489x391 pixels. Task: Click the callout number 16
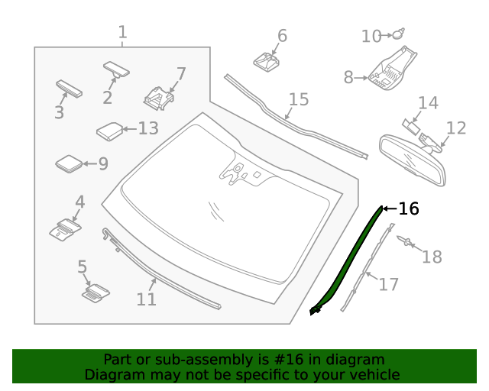410,208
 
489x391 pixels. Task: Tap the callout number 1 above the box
122,33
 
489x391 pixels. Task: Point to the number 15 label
298,99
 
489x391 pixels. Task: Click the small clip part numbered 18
405,242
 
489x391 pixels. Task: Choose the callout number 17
389,284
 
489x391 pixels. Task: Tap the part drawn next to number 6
264,60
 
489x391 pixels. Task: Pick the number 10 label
371,36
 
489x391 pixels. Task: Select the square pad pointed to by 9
69,163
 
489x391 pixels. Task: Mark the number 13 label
148,128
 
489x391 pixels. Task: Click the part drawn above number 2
116,69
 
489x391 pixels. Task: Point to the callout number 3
59,113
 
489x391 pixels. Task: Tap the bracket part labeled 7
157,98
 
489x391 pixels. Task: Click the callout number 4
79,202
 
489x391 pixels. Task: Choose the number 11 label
146,299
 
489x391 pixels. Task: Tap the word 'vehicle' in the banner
374,374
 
